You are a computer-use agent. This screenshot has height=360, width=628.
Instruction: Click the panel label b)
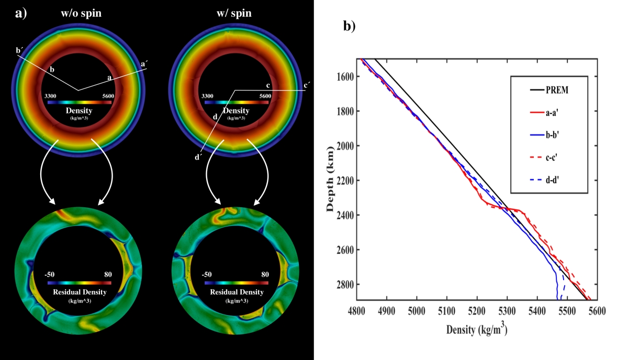pyautogui.click(x=350, y=26)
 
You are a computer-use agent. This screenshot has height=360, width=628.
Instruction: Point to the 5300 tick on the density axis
pyautogui.click(x=507, y=311)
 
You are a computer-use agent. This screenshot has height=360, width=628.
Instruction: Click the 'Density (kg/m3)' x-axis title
pyautogui.click(x=477, y=330)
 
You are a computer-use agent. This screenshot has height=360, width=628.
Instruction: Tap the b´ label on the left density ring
pyautogui.click(x=19, y=51)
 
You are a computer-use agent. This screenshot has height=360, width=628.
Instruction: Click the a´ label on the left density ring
pyautogui.click(x=144, y=64)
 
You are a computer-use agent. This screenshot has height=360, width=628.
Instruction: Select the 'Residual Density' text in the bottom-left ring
pyautogui.click(x=80, y=292)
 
